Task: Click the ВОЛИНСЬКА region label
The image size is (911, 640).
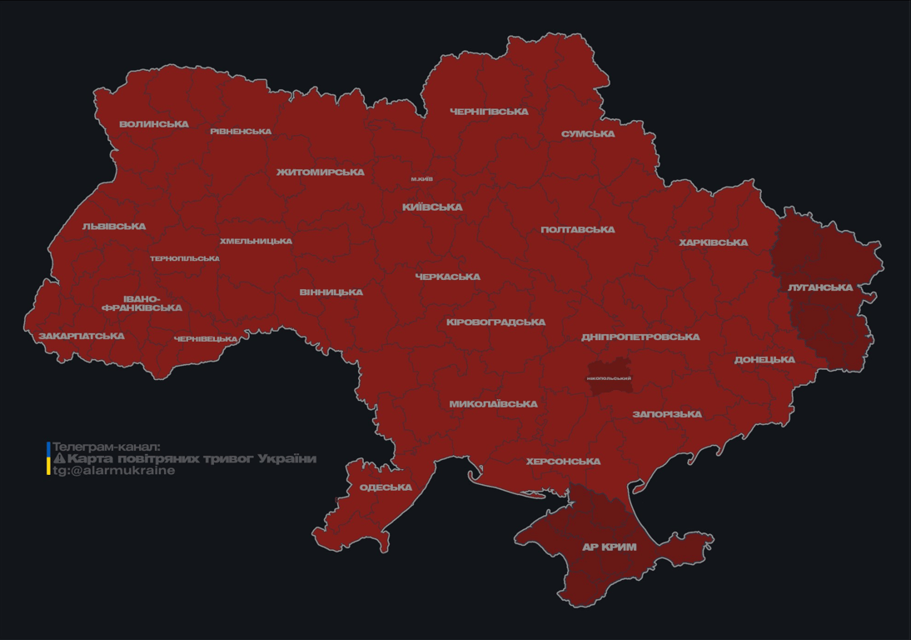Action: point(154,124)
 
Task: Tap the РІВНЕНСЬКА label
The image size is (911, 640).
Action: point(241,132)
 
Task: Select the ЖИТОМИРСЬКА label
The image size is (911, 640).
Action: point(321,172)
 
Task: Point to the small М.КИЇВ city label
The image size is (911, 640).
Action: point(421,179)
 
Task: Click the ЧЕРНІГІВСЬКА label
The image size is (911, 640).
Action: point(489,112)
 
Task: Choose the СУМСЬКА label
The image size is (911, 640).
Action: point(588,134)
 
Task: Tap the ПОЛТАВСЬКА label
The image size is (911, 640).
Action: point(578,230)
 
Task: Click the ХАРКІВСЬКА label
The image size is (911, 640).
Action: point(713,243)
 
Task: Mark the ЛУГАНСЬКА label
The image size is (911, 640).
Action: point(820,287)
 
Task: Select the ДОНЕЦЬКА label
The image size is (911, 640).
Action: point(764,360)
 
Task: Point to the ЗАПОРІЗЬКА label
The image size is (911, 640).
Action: point(667,414)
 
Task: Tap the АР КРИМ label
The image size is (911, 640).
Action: point(609,547)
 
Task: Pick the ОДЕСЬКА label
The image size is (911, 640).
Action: point(386,487)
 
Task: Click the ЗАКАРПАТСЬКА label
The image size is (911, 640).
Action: point(82,337)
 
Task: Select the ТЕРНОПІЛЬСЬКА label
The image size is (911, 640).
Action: point(185,258)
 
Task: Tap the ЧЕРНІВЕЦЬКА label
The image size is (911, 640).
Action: point(206,339)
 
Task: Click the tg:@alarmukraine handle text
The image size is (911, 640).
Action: point(114,471)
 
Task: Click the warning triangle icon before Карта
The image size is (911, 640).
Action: point(59,458)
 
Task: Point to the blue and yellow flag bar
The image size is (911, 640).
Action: point(48,458)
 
